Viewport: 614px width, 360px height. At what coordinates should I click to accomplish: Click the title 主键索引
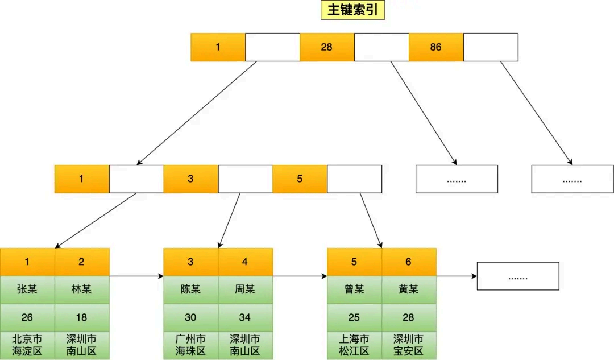(354, 11)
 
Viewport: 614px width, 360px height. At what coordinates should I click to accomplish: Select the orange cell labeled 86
(435, 47)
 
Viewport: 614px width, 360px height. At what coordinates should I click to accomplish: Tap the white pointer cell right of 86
(491, 47)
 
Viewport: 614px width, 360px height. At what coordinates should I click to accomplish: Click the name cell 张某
(27, 289)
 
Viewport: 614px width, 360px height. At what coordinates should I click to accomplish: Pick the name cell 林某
(81, 289)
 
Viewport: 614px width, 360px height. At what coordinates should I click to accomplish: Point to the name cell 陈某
(190, 289)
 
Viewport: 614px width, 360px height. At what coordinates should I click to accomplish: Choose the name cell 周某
(245, 289)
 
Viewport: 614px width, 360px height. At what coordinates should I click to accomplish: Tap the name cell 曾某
(354, 289)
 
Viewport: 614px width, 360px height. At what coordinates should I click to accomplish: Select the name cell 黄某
(409, 289)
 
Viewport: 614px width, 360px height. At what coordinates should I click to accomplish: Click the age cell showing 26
(27, 317)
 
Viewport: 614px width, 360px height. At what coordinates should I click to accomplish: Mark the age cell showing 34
(245, 317)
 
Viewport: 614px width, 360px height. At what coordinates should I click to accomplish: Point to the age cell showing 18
(81, 317)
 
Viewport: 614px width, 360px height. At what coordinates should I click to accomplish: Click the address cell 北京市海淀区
(27, 345)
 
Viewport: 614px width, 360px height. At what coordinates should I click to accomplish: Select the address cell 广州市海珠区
(190, 345)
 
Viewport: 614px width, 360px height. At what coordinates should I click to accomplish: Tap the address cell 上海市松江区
(354, 345)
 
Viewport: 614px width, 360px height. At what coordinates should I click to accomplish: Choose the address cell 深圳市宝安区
(409, 345)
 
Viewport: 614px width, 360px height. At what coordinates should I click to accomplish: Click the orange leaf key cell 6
(409, 262)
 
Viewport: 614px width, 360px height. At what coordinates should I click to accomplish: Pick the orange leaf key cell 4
(245, 262)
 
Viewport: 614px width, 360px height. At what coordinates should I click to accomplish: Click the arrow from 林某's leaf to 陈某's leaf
(136, 276)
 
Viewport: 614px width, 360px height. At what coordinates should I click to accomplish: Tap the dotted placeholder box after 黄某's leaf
(518, 276)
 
